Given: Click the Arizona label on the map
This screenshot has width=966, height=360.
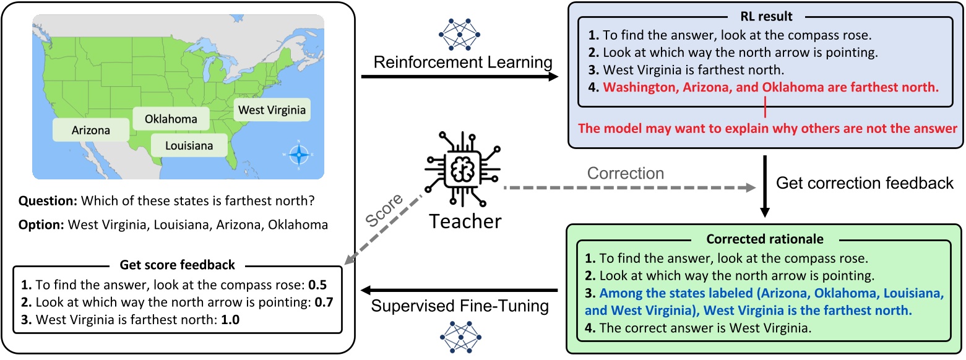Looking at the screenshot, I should pos(91,131).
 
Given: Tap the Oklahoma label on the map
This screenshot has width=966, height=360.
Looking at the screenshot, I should pos(171,118).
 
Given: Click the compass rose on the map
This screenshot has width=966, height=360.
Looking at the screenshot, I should pos(299,153).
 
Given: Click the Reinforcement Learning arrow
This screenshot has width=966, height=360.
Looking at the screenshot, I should pos(459,77).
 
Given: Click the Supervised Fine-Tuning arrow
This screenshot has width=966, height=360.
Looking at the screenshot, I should pos(459,289).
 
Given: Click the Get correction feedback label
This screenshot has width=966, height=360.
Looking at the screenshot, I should pos(865,182).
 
